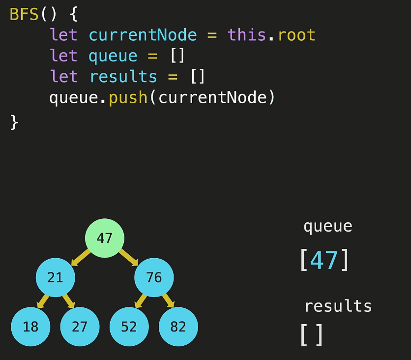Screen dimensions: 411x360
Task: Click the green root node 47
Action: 105,239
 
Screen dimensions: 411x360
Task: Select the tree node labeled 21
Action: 56,278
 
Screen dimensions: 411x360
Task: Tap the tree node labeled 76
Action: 154,278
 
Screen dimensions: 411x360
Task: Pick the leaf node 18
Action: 30,327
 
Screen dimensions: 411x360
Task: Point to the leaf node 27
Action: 80,327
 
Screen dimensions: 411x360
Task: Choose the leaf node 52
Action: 129,327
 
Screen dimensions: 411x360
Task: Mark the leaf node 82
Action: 178,327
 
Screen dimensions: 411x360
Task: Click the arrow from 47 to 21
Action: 81,257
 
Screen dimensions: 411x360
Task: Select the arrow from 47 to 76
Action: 128,257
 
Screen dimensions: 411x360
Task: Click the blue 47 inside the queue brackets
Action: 324,260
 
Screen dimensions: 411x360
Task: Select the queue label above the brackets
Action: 328,226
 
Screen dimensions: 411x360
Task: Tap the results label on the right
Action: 338,306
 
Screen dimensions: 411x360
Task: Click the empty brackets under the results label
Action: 312,335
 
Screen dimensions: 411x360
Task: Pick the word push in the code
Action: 128,97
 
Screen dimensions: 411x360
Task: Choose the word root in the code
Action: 296,35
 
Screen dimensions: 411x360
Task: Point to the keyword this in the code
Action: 246,35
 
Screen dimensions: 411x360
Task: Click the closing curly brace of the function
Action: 14,121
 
